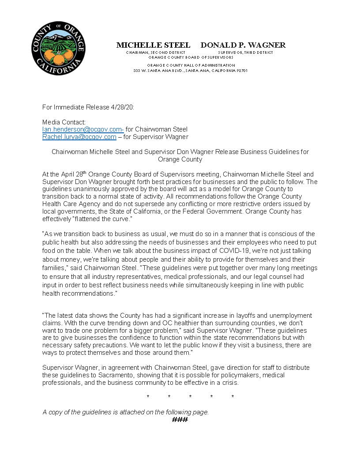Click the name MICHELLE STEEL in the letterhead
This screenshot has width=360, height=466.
[x=153, y=45]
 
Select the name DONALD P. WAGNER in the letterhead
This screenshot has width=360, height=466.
[x=243, y=45]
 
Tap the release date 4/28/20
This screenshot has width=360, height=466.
[x=124, y=107]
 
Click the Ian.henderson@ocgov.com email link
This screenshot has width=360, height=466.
[x=83, y=129]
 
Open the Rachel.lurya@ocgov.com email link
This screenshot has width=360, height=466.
[x=79, y=137]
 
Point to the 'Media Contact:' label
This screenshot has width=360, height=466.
[x=64, y=122]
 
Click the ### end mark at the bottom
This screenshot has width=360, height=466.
[x=180, y=419]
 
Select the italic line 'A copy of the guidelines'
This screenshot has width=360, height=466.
[x=125, y=412]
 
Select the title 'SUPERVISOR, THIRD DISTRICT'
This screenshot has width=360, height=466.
[x=245, y=53]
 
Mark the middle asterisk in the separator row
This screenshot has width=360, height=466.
[x=190, y=397]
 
